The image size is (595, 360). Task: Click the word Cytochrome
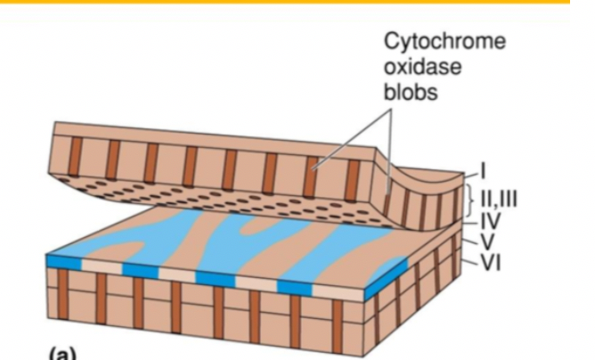(429, 43)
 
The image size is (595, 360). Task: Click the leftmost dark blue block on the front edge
(62, 261)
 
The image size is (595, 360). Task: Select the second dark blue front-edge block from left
(141, 269)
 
